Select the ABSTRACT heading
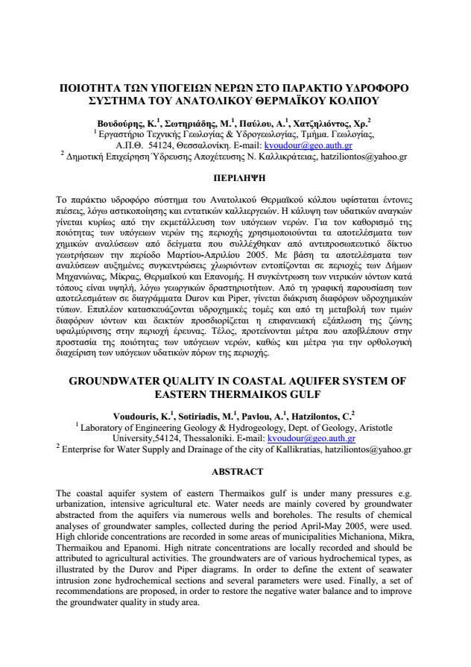pos(238,471)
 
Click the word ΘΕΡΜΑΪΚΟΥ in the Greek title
pos(297,99)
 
